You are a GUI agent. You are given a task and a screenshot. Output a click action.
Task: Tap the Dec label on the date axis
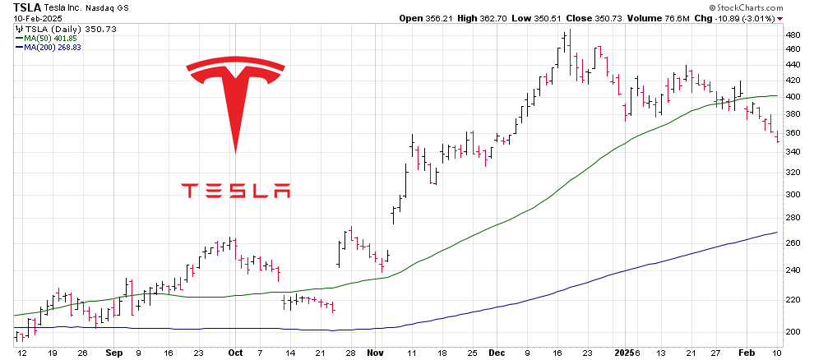[x=497, y=352]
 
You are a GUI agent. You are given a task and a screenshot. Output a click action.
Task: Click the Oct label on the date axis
[x=235, y=352]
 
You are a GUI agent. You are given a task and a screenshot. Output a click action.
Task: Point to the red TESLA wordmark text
[x=235, y=191]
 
